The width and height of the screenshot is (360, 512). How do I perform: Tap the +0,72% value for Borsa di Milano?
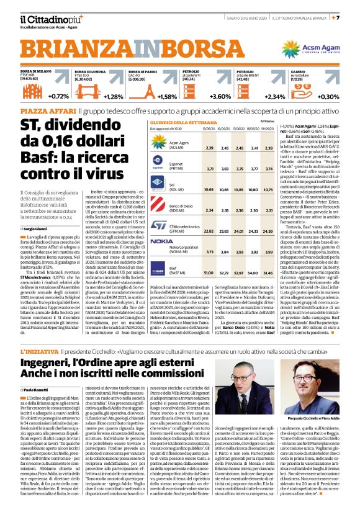(x=58, y=96)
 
